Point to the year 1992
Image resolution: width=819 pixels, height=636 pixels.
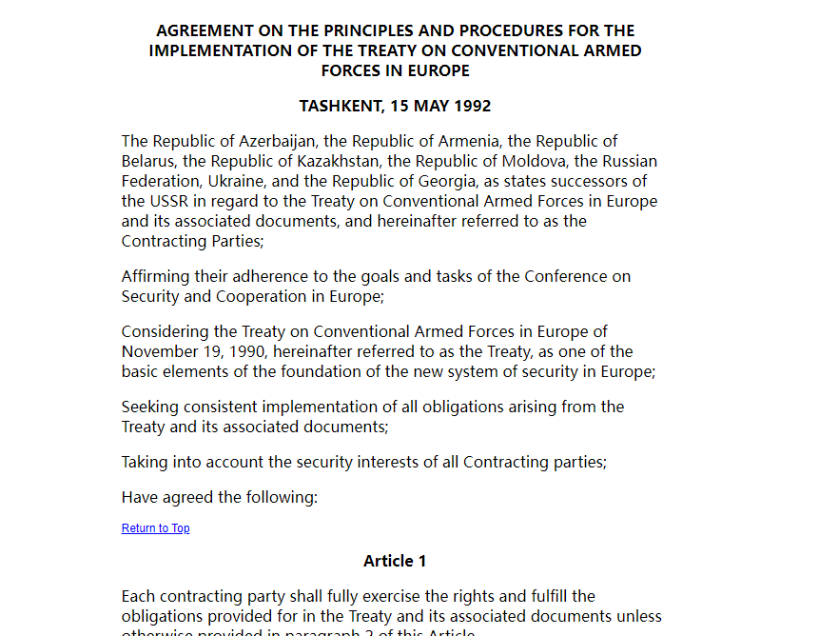[471, 106]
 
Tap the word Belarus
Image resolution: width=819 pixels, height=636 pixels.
[147, 161]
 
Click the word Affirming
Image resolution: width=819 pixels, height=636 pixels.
[156, 276]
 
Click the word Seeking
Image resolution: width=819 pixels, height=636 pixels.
[149, 407]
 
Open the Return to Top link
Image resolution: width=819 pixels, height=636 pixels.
[155, 528]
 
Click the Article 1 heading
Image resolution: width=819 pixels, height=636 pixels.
[395, 561]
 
